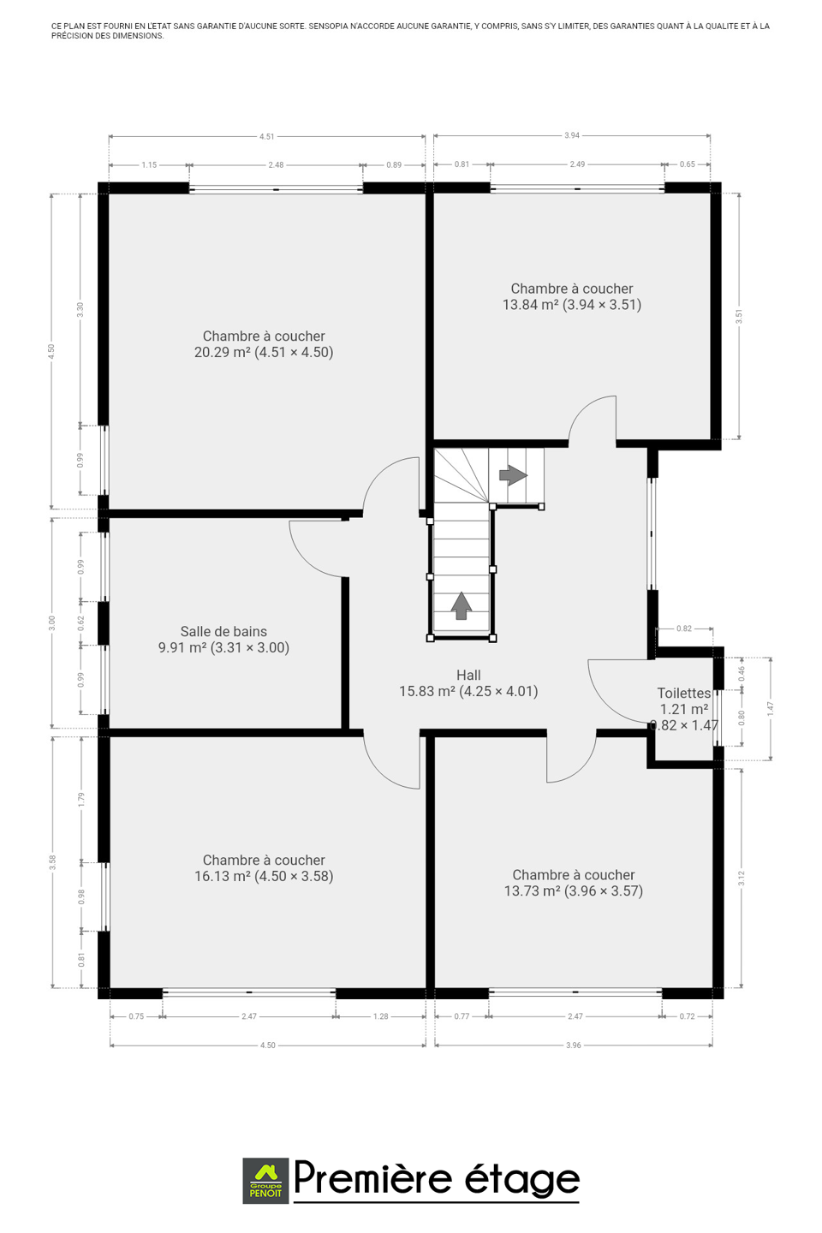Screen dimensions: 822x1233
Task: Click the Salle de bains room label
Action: click(223, 639)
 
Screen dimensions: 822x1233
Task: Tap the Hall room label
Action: click(468, 683)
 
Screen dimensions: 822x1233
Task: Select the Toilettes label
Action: click(684, 709)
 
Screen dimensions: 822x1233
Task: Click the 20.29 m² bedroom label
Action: click(264, 344)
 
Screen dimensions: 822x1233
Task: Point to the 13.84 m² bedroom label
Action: click(572, 296)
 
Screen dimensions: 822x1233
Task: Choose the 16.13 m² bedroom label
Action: click(264, 868)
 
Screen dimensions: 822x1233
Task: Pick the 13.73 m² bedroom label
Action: click(574, 883)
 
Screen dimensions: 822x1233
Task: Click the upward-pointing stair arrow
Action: click(462, 605)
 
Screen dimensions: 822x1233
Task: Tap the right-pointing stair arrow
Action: click(513, 475)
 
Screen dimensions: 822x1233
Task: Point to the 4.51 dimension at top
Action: click(267, 136)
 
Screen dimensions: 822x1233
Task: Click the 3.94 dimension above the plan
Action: click(572, 135)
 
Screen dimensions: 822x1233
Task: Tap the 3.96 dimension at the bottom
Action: click(574, 1045)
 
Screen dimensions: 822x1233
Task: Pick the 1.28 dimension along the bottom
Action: click(381, 1016)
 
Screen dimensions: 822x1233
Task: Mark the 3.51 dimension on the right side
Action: click(740, 317)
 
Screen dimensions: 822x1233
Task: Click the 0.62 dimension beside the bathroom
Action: click(81, 623)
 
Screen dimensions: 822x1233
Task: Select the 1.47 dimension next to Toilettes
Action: click(771, 708)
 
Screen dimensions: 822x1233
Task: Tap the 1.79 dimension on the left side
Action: click(81, 799)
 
